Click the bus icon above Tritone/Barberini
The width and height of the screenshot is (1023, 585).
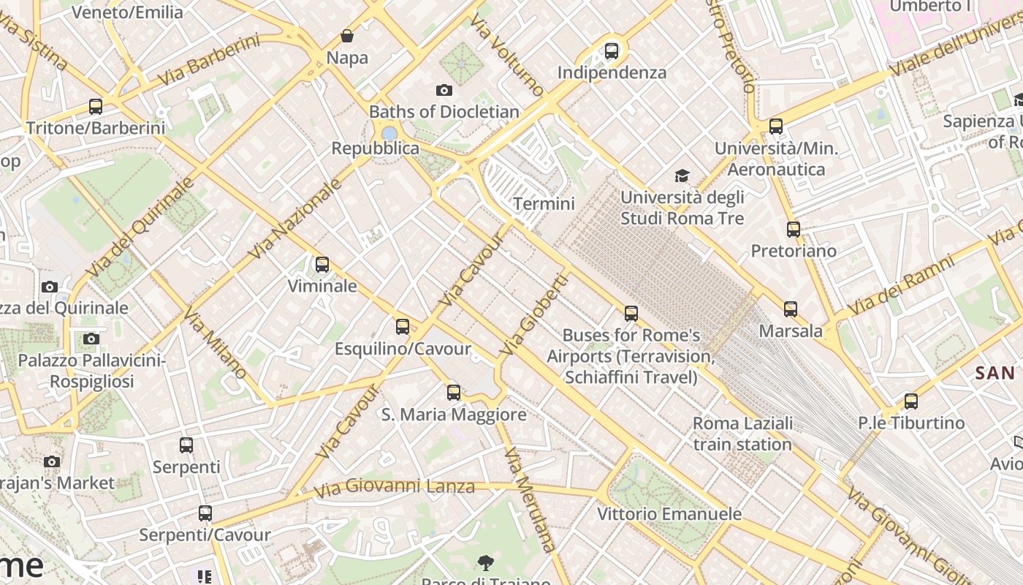point(96,107)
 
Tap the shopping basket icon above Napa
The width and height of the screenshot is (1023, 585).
point(347,36)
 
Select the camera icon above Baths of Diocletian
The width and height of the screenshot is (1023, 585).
point(444,91)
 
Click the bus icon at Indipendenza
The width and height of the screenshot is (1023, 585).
point(612,51)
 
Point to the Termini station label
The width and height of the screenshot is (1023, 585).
point(544,203)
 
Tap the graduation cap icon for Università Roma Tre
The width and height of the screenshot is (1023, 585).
point(682,175)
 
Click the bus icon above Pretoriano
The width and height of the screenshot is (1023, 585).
point(794,230)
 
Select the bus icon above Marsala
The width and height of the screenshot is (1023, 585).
point(791,309)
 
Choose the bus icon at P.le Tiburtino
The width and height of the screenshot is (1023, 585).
point(910,401)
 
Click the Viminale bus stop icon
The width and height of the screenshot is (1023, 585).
point(322,265)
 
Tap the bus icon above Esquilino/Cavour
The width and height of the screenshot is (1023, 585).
point(403,327)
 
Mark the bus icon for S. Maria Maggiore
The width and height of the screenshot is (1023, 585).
point(454,393)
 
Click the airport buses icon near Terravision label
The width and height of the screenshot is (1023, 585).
point(631,314)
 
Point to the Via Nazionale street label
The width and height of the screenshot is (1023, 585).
point(295,219)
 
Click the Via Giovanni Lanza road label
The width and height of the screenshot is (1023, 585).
point(395,488)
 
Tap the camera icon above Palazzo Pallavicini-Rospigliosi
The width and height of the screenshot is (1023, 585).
point(91,339)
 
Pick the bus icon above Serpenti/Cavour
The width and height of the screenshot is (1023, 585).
point(205,513)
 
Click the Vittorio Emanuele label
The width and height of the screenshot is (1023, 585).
point(669,514)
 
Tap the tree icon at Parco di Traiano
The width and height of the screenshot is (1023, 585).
point(485,562)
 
